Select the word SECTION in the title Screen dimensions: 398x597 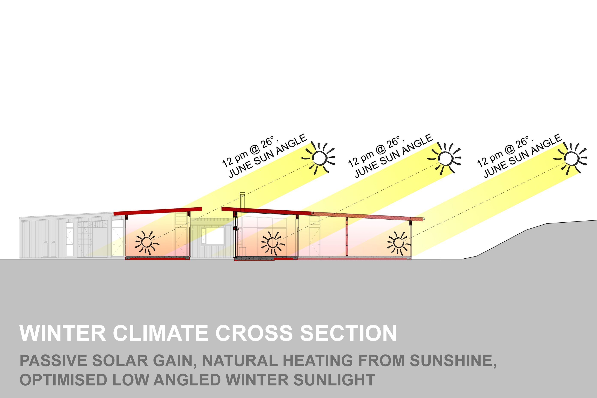tap(348, 333)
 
